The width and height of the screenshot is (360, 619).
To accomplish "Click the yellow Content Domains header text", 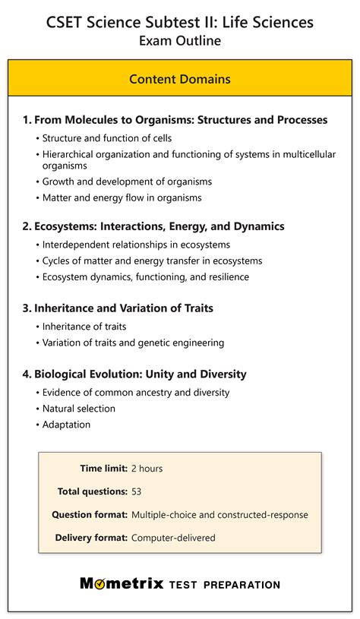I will [180, 79].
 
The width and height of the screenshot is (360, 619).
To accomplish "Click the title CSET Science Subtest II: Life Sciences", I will [180, 23].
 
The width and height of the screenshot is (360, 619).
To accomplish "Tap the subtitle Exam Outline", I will [180, 41].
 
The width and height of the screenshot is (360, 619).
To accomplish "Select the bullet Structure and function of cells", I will [106, 138].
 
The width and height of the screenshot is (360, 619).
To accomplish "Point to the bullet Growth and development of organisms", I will [127, 182].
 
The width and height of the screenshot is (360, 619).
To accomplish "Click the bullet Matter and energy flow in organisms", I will [122, 198].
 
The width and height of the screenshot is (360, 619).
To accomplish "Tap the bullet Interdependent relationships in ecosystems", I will [135, 245].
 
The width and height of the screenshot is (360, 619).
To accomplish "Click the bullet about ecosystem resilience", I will [145, 277].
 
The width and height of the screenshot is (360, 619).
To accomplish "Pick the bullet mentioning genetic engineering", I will [133, 343].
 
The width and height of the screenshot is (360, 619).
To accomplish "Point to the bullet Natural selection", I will [78, 409].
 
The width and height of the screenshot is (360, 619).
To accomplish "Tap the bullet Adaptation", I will [67, 425].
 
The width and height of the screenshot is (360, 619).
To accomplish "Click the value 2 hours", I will [147, 469].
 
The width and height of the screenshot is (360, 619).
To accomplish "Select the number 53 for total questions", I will [137, 491].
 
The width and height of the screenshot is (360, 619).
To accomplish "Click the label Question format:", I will [90, 515].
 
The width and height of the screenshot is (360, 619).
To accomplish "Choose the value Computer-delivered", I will [173, 538].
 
